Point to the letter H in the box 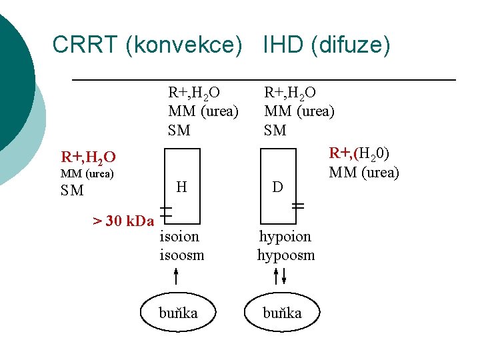[181, 188]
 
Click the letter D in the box [278, 188]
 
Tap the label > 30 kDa [123, 221]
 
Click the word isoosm [181, 255]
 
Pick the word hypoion [285, 236]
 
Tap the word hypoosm [286, 255]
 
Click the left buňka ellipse [178, 313]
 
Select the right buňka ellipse [282, 313]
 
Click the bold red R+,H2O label [88, 158]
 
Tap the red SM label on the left [72, 191]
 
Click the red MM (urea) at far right [364, 173]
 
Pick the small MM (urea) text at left [87, 174]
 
